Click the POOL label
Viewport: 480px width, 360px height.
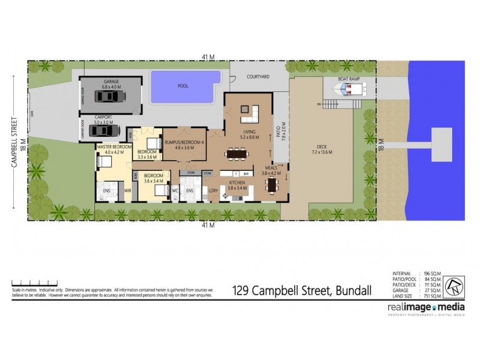coord(183,86)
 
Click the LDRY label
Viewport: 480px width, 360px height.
coord(212,191)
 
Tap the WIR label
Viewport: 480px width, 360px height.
coord(127,191)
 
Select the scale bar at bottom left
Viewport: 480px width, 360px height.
coord(34,282)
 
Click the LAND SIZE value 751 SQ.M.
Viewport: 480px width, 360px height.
coord(432,294)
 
